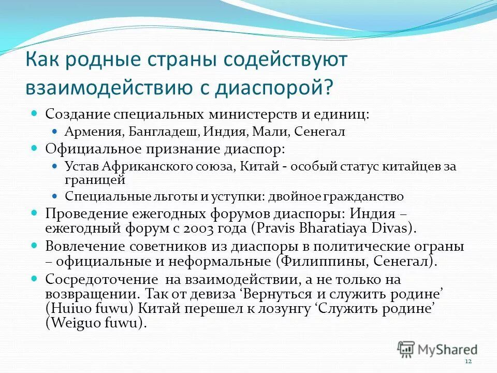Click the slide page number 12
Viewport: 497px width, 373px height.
point(469,361)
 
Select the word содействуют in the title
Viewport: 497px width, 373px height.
point(285,59)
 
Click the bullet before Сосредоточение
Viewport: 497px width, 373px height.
point(35,279)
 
